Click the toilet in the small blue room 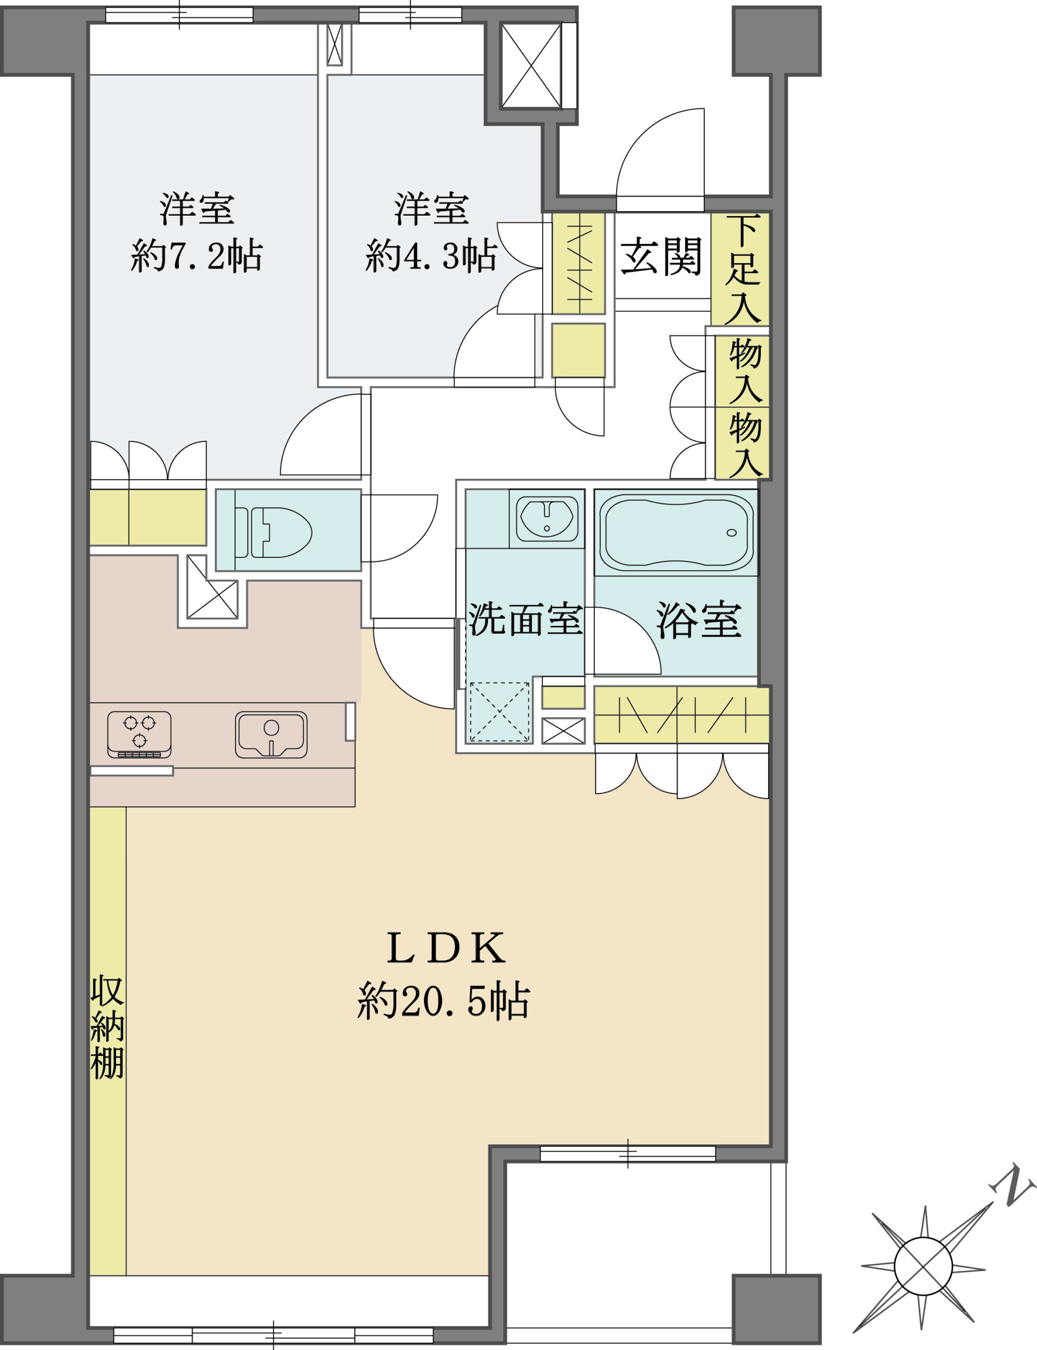[x=273, y=532]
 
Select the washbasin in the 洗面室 [x=547, y=519]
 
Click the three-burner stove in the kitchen [x=140, y=734]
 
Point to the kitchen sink [x=271, y=734]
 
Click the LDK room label [x=446, y=949]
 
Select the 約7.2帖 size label [x=197, y=256]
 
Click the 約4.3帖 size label [x=431, y=256]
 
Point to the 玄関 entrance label [x=661, y=257]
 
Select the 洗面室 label [x=525, y=620]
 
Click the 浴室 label [x=699, y=620]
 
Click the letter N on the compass [x=1011, y=1185]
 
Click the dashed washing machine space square [x=500, y=712]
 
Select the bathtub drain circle [x=731, y=533]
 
